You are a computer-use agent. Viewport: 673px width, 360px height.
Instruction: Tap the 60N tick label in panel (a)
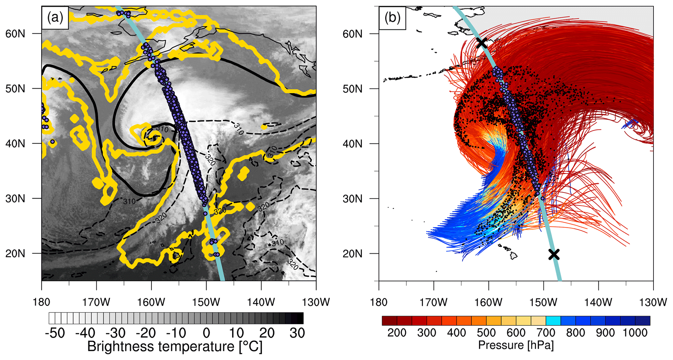[x=15, y=34]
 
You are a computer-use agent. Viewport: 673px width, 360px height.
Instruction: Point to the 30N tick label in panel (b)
[x=353, y=198]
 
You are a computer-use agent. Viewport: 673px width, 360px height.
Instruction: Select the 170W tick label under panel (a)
[x=96, y=302]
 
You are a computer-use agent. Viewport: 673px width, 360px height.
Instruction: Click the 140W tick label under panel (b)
[x=598, y=302]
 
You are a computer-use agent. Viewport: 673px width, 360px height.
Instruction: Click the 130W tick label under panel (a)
[x=316, y=302]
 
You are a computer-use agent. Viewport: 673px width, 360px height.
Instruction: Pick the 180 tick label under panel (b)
[x=379, y=302]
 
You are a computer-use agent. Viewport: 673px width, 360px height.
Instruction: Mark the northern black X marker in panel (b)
[x=482, y=43]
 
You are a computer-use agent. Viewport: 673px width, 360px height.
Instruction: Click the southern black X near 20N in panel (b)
[x=554, y=254]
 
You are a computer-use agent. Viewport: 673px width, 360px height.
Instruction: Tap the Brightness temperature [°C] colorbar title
[x=175, y=347]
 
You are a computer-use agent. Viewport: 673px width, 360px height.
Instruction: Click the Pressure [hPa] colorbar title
[x=516, y=345]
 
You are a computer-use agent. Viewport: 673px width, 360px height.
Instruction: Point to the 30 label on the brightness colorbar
[x=297, y=333]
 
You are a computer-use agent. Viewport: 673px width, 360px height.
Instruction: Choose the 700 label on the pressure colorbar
[x=546, y=333]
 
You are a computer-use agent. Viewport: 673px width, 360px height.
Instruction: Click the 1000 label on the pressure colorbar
[x=635, y=333]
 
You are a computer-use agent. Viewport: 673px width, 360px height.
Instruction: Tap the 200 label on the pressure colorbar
[x=397, y=333]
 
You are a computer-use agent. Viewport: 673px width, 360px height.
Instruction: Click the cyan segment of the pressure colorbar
[x=553, y=321]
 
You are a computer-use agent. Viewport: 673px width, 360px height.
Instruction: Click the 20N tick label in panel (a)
[x=15, y=253]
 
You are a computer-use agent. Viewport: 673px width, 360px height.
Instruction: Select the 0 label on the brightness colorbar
[x=206, y=333]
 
